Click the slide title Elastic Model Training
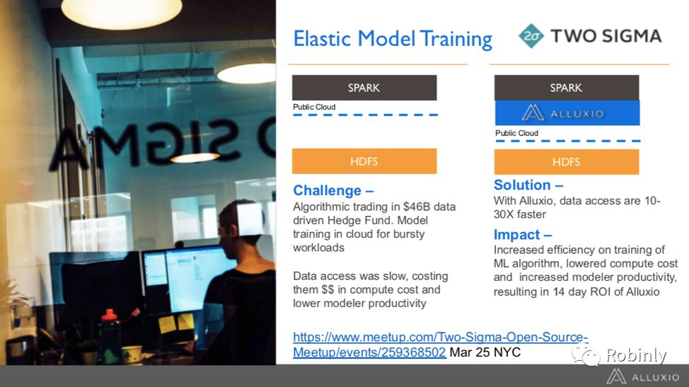click(x=393, y=39)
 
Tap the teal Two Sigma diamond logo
click(x=531, y=36)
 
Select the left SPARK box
click(x=364, y=88)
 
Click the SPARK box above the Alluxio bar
click(x=567, y=88)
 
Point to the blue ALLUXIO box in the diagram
click(x=567, y=113)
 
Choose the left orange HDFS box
click(x=364, y=161)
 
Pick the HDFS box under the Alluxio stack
click(x=567, y=162)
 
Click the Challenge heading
click(x=333, y=190)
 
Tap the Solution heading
click(x=528, y=185)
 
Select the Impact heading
click(x=523, y=235)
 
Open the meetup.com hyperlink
click(x=440, y=345)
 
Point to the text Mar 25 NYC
click(x=485, y=352)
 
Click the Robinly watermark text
click(x=636, y=355)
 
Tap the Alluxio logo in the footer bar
click(x=642, y=377)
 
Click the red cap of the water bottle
click(x=108, y=315)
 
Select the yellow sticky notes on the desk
click(x=175, y=323)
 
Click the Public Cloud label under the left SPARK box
click(x=314, y=107)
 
